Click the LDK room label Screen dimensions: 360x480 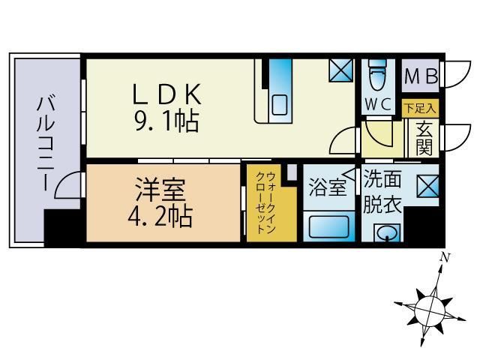(167, 94)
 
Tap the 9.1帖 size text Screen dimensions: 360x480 (166, 120)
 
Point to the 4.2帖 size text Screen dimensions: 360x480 (159, 215)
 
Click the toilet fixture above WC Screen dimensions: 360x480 (376, 76)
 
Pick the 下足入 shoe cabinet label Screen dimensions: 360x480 (419, 108)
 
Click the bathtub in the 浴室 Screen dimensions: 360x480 (328, 224)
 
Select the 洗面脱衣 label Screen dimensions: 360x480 (382, 193)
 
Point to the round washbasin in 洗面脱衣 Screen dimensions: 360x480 (387, 233)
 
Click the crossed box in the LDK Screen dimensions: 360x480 (340, 72)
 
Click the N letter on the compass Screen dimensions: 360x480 (445, 257)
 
